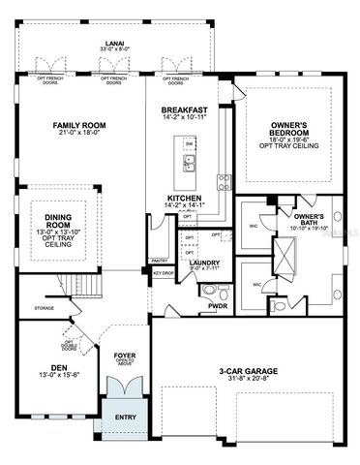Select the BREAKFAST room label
(183, 111)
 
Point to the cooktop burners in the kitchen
(225, 180)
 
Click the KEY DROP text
(164, 273)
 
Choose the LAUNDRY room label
(204, 262)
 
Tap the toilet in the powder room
(210, 291)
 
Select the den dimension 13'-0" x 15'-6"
(58, 375)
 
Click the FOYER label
(125, 355)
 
